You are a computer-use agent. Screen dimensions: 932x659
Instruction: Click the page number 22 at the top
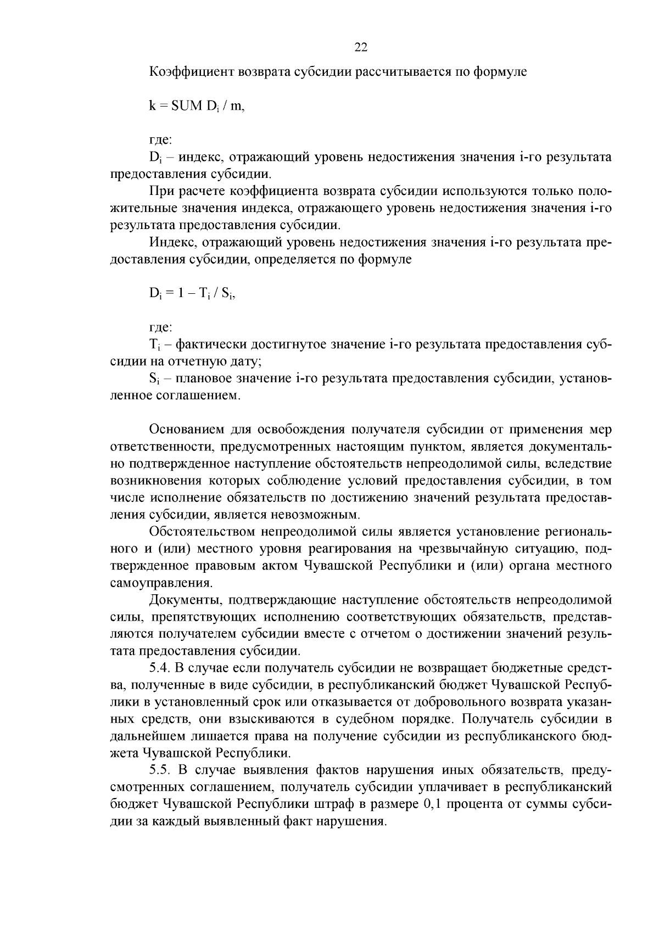(360, 47)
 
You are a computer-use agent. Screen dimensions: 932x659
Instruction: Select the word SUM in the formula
(187, 106)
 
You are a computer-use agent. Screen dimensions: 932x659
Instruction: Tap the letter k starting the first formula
(152, 106)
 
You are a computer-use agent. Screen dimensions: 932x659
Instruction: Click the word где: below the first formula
(161, 140)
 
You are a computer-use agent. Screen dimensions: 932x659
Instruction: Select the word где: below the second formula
(161, 327)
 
